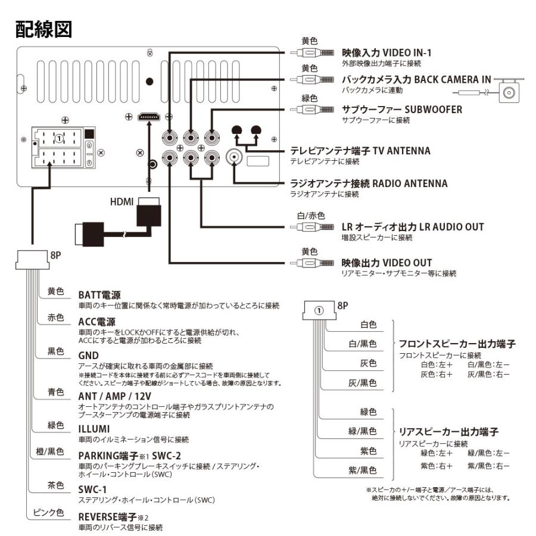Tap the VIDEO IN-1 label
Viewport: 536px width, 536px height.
387,54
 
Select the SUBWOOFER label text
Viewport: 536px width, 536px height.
402,110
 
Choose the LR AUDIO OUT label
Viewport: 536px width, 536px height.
412,227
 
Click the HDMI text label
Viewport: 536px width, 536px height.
121,202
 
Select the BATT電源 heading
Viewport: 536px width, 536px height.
99,295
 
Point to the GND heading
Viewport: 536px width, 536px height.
88,354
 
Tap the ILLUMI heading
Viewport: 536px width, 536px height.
93,428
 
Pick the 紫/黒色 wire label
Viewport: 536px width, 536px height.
363,470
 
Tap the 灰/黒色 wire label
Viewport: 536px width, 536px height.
363,383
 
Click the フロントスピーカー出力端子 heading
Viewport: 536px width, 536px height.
457,344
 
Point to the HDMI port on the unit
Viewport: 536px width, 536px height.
147,119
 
